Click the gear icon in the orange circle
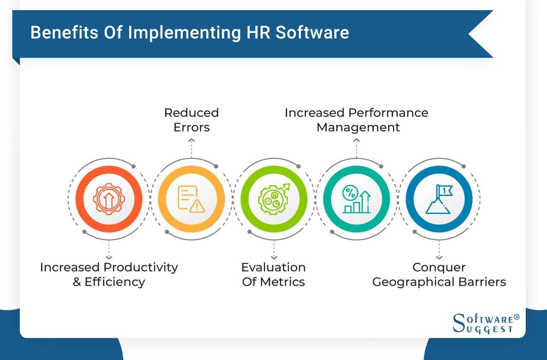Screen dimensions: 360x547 [109, 199]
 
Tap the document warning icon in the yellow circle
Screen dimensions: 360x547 [191, 199]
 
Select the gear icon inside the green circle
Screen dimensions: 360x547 [273, 198]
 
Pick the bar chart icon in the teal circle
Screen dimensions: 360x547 [357, 199]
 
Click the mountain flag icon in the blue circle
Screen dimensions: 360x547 [439, 199]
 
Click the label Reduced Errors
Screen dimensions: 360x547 [191, 119]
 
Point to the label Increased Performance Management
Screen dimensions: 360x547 [357, 119]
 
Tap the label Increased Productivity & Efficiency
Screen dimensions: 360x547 [109, 274]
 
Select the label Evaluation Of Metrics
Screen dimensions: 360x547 [273, 274]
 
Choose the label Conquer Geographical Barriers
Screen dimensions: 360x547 [439, 274]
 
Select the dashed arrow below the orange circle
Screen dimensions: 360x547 [109, 250]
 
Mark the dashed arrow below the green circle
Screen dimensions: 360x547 [273, 250]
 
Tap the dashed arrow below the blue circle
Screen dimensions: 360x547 [439, 250]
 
